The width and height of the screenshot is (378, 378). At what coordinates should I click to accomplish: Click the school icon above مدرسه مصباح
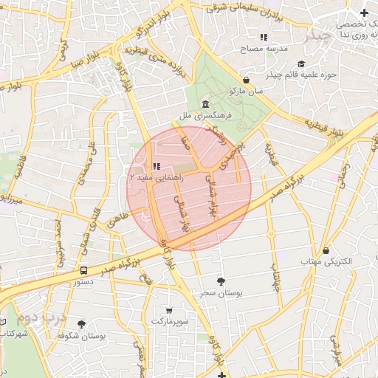click(263, 38)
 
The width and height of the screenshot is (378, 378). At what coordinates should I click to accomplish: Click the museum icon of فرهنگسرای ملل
click(204, 104)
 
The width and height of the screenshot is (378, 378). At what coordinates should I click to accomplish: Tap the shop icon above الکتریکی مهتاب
click(326, 251)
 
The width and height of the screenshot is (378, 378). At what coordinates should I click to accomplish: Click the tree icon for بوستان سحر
click(221, 281)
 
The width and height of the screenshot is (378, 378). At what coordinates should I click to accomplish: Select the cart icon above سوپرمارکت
click(170, 310)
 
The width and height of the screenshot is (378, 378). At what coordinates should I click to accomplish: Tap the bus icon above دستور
click(84, 270)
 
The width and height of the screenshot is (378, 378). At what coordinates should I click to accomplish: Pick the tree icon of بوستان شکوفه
click(81, 323)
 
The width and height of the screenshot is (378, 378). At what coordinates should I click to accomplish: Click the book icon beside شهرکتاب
click(3, 323)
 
